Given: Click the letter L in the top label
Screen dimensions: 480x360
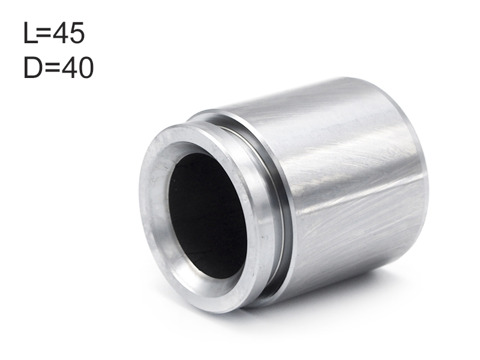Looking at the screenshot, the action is click(30, 33).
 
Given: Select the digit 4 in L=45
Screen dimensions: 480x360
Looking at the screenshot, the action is click(61, 33).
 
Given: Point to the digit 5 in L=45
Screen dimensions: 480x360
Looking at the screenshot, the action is click(77, 33).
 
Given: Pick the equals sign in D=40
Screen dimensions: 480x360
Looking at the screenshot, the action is click(53, 68).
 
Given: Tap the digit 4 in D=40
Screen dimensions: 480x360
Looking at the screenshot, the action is click(69, 67).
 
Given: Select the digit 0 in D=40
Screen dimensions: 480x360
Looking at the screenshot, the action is click(86, 68).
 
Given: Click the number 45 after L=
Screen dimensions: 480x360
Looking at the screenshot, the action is click(68, 33).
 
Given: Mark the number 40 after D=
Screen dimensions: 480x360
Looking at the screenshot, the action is click(77, 68).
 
